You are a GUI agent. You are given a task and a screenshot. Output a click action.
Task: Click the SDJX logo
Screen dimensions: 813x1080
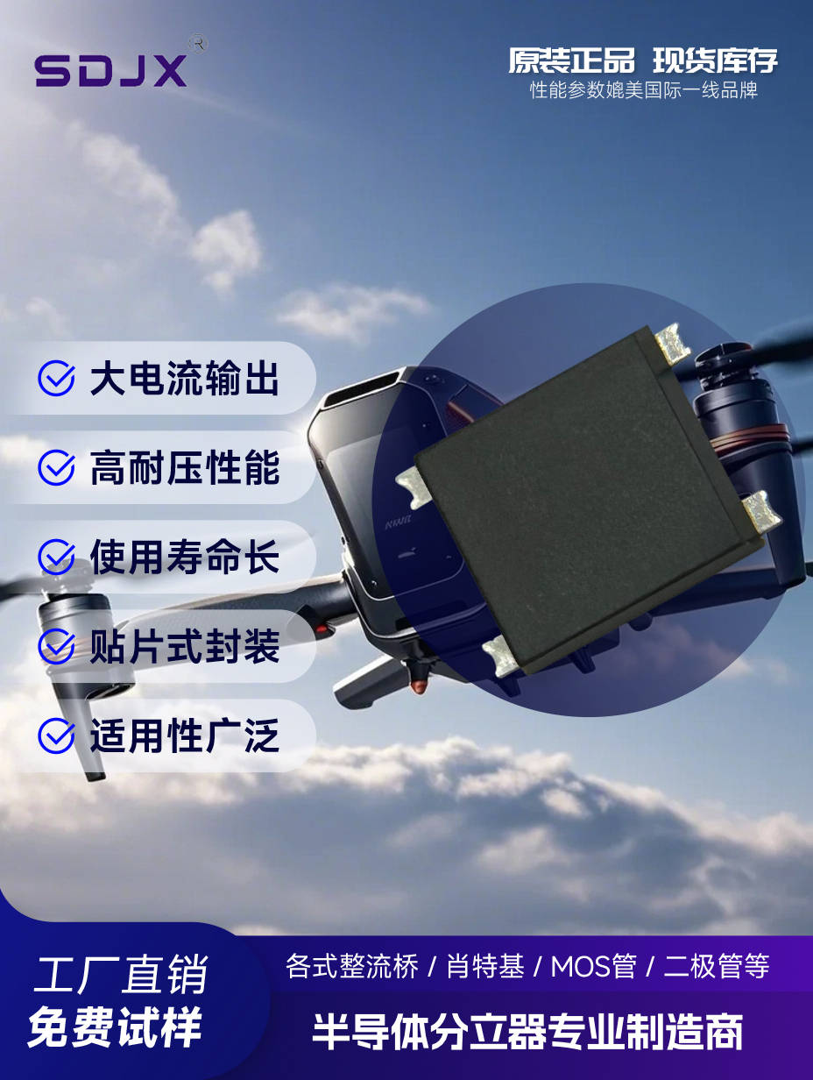tap(111, 70)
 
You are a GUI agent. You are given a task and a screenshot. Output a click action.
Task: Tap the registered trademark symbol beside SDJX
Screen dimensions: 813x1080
tap(199, 43)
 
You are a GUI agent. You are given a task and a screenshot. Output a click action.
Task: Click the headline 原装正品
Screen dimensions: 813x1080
tap(571, 60)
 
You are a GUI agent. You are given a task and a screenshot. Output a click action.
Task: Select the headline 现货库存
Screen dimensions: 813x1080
tap(715, 60)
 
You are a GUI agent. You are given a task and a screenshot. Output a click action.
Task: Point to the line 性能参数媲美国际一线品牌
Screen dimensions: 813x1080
tap(643, 90)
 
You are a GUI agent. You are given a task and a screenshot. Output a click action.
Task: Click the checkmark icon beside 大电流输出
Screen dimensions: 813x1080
tap(57, 378)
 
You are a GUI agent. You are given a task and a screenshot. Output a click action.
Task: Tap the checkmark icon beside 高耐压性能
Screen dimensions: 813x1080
tap(57, 467)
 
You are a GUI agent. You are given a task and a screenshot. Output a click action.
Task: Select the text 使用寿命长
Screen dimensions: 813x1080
tap(185, 557)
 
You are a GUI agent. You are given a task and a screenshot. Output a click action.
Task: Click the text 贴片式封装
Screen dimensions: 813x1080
tap(185, 646)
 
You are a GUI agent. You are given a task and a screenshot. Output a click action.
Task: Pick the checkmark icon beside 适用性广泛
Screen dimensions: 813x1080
tap(57, 735)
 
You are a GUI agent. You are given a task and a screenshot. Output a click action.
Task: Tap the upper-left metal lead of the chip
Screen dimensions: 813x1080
tap(414, 487)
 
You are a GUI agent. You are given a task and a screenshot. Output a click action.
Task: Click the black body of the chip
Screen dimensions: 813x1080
tap(585, 497)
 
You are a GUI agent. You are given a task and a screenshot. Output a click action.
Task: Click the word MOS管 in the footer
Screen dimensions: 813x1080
tap(593, 966)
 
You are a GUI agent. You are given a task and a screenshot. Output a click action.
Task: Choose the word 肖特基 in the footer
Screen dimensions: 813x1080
tap(485, 966)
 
